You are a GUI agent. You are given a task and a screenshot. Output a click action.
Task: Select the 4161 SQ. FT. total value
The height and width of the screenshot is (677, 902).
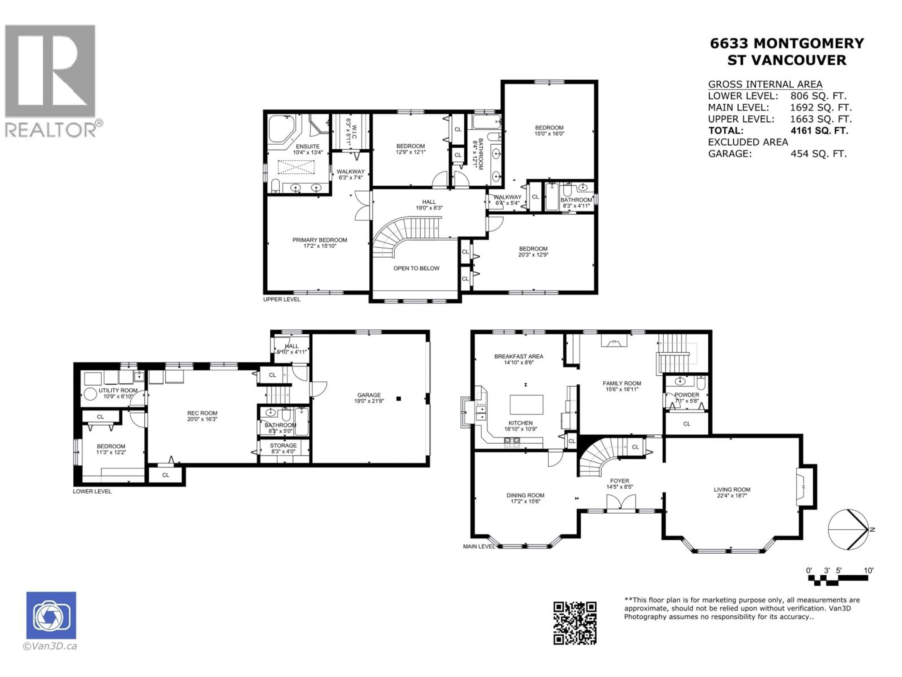[x=819, y=131]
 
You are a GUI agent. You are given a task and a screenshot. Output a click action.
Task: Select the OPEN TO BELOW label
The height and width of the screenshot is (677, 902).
[x=416, y=268]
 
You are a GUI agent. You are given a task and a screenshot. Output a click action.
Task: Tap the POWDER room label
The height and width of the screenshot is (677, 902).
[x=687, y=395]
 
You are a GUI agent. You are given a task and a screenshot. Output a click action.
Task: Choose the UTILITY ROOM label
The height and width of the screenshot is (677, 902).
[x=118, y=390]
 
